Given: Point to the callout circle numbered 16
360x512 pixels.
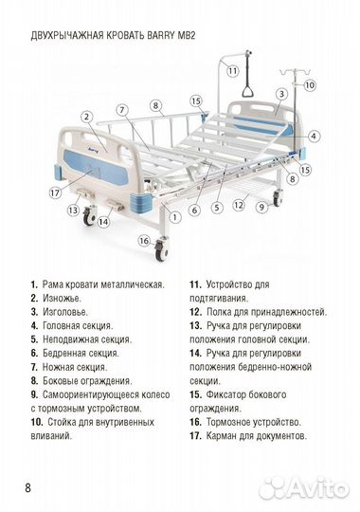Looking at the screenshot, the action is tap(144, 241).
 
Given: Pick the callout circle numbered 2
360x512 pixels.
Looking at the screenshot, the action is tap(86, 117).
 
